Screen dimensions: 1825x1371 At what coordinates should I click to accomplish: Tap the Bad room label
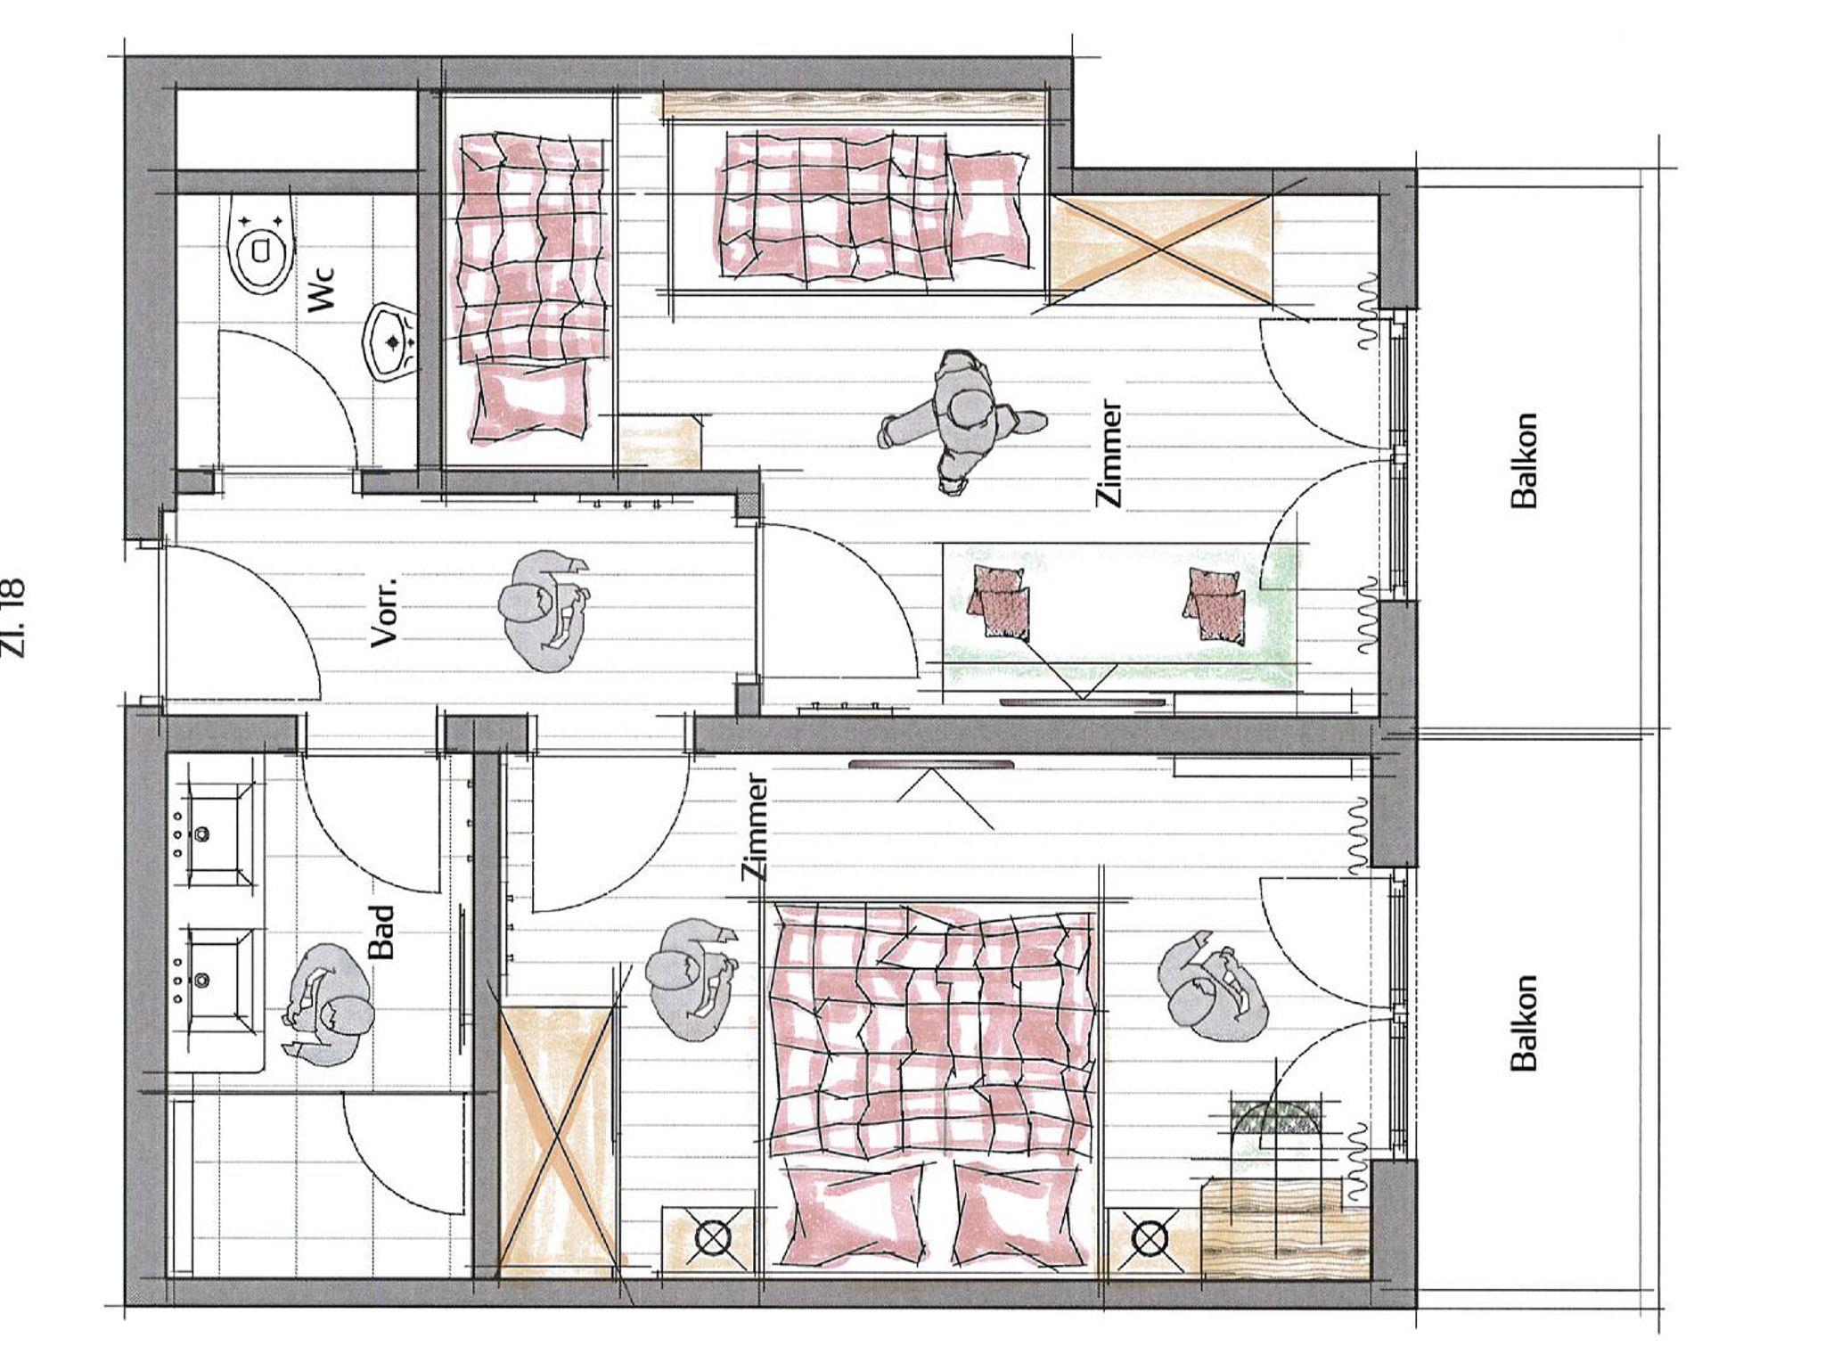381,932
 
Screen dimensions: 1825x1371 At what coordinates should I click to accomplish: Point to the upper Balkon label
1525,460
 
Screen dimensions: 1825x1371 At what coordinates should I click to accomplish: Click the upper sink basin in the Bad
215,834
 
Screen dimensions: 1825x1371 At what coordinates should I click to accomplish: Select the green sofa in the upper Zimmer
1120,616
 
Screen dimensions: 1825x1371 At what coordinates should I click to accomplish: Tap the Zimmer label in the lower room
757,827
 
